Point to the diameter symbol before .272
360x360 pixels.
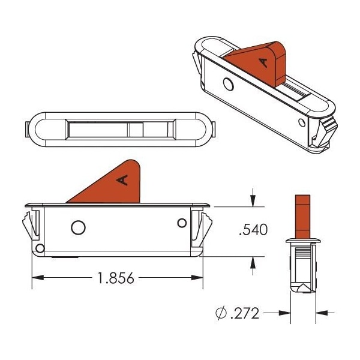[220, 313]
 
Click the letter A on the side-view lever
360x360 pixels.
[123, 179]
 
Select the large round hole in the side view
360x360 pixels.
[77, 227]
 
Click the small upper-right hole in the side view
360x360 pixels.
[182, 223]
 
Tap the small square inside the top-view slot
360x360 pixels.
[136, 129]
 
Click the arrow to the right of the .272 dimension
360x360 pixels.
[323, 313]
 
